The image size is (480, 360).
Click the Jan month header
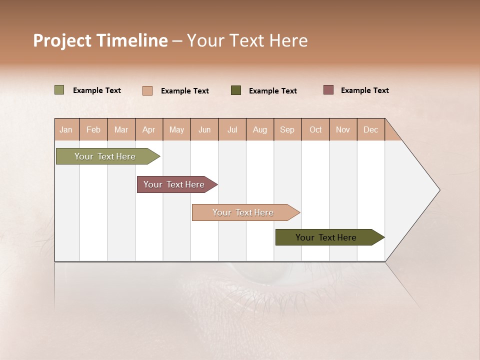coord(66,129)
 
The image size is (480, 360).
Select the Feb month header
coord(93,129)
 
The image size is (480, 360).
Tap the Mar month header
coord(121,129)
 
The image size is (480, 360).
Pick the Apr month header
coord(149,129)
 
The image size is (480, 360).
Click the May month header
coord(176,129)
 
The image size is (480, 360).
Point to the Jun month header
coord(204,129)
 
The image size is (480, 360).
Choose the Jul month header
coord(232,129)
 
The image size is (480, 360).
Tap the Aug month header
coord(260,129)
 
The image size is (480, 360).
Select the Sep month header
coord(287,129)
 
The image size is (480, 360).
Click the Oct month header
coord(315,129)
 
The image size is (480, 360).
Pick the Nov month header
coord(343,129)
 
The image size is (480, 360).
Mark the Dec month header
coord(370,129)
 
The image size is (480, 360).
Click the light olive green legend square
coord(59,90)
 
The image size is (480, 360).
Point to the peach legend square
coord(147,90)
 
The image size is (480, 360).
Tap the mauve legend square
coord(328,90)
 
